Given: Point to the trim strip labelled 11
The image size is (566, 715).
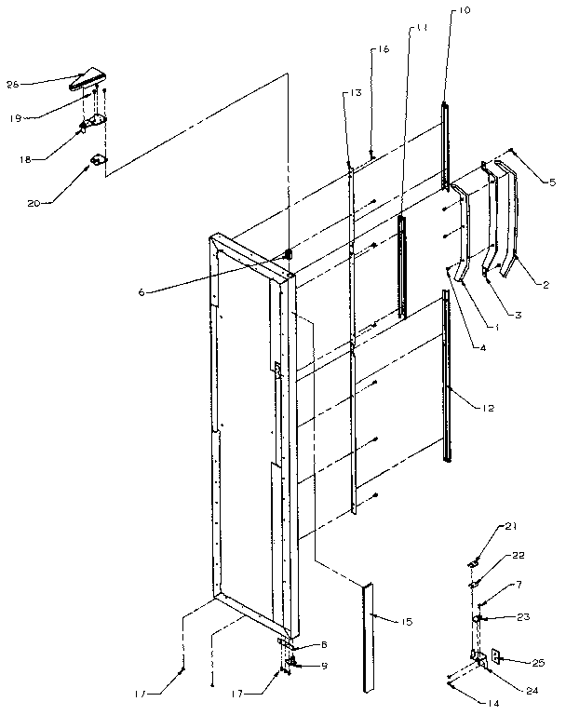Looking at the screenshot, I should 401,265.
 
